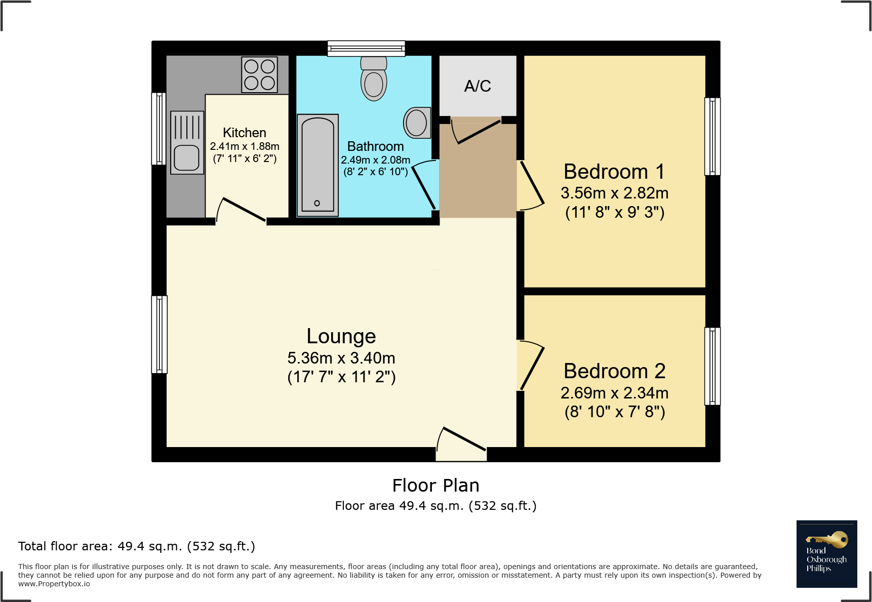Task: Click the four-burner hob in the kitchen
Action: [x=259, y=74]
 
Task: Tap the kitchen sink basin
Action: [x=186, y=157]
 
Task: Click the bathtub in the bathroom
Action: [x=318, y=166]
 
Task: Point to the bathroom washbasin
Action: [x=416, y=123]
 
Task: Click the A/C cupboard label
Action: [x=478, y=86]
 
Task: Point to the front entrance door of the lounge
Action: [x=463, y=438]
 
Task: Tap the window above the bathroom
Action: [x=366, y=48]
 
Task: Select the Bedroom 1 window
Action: [x=712, y=136]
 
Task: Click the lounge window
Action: [x=160, y=334]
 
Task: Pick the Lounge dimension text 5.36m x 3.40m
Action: [x=341, y=358]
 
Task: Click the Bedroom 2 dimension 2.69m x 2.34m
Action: [x=614, y=393]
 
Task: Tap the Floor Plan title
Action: [x=435, y=486]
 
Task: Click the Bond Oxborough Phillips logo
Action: [x=826, y=554]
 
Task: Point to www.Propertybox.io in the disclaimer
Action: [x=54, y=584]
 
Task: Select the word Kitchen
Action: [x=245, y=133]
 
